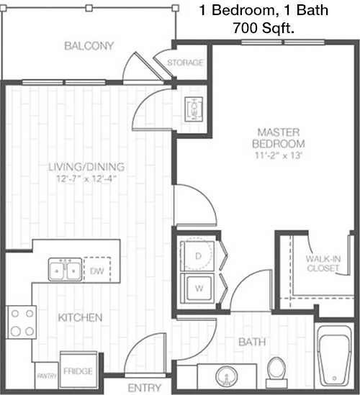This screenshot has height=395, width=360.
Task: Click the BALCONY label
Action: point(89,46)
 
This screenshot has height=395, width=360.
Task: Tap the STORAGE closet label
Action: point(185,63)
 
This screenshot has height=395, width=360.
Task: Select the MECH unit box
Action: point(194,109)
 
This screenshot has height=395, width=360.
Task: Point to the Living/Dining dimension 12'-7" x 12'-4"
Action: point(86,179)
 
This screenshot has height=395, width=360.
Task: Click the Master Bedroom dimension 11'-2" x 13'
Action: point(279,155)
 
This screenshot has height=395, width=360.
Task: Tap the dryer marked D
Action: point(198,256)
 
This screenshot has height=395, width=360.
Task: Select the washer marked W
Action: point(198,288)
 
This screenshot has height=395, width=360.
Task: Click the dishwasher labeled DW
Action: point(97,270)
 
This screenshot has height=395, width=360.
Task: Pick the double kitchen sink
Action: point(66,269)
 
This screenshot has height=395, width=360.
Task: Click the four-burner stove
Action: point(22,322)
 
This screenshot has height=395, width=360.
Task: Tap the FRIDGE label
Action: point(78,371)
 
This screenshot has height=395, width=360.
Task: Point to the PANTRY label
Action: point(47,376)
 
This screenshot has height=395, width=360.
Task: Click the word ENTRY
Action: point(145,388)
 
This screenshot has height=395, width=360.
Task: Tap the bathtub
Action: point(334,357)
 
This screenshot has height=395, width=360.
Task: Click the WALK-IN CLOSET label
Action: point(323,263)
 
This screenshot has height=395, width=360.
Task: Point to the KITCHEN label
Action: point(80,318)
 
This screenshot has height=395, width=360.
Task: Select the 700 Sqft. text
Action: point(264,28)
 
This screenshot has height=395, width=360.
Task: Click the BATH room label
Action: point(252,342)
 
